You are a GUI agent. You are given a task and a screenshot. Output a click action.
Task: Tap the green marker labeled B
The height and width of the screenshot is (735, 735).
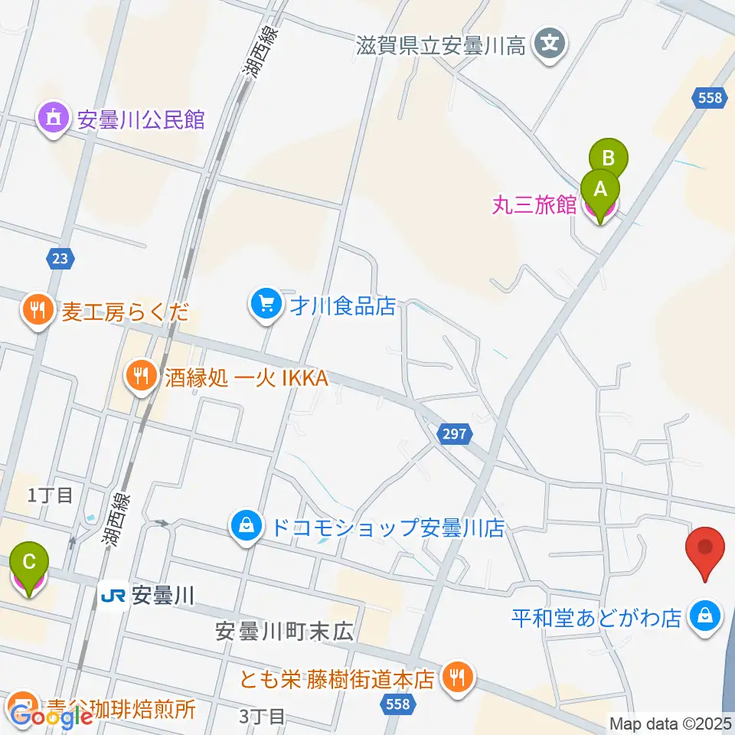tap(609, 158)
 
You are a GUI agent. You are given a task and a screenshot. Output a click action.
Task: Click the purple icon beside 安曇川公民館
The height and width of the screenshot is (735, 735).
tap(52, 119)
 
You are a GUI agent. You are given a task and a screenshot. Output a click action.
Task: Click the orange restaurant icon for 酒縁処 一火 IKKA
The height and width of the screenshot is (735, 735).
tap(139, 377)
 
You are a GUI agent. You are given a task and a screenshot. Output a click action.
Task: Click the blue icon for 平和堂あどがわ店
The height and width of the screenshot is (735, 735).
tap(703, 616)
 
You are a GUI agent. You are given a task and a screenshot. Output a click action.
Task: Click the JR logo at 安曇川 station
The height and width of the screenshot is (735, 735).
tap(113, 594)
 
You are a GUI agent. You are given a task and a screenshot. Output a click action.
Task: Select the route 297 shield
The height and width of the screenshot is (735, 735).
tap(452, 434)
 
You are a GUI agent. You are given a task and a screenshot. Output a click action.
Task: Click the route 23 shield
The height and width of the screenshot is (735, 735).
tap(60, 259)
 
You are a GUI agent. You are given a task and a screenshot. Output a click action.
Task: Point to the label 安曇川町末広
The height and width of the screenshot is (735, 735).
tap(283, 632)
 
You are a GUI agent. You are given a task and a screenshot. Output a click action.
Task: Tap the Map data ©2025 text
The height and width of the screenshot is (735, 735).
tap(671, 722)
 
